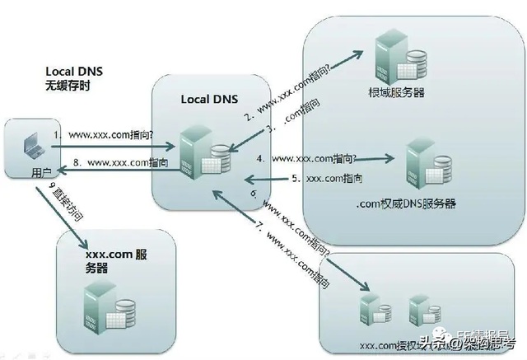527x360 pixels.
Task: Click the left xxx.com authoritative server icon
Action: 370,310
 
